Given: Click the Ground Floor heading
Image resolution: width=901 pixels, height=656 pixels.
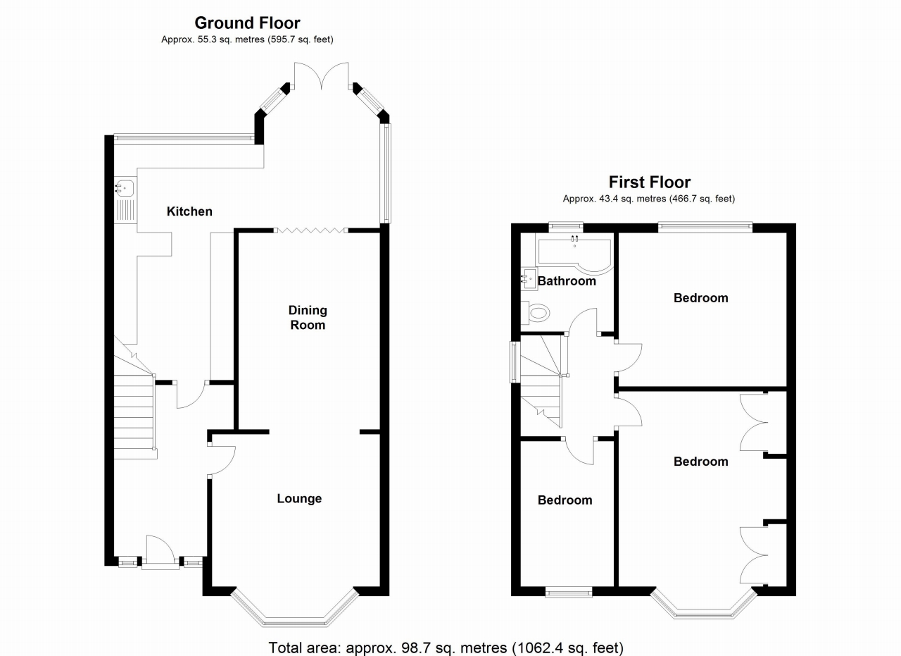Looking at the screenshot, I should click(x=247, y=23).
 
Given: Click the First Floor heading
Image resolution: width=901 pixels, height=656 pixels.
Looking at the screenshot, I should click(x=649, y=182).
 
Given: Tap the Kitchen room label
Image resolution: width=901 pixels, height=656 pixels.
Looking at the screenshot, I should click(x=189, y=211).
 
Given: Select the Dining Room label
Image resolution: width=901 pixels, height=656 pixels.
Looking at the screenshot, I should click(x=308, y=318).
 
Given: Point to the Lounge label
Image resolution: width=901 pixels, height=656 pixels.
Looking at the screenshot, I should click(x=299, y=498).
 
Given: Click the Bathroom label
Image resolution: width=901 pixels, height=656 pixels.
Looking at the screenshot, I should click(x=567, y=281).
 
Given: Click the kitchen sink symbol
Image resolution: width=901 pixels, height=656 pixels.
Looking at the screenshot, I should click(x=125, y=187).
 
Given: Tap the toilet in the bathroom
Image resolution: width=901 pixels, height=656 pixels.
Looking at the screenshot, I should click(x=536, y=311).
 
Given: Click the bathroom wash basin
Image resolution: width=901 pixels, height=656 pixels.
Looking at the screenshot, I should click(x=529, y=279).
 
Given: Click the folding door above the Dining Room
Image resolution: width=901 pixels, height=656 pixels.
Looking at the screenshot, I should click(x=310, y=230).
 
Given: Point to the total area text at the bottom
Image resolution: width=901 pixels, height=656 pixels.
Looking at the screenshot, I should click(x=446, y=647).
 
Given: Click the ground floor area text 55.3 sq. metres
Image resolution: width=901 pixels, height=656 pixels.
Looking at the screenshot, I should click(x=247, y=40).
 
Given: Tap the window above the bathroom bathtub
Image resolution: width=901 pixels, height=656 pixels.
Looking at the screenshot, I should click(x=566, y=227).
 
